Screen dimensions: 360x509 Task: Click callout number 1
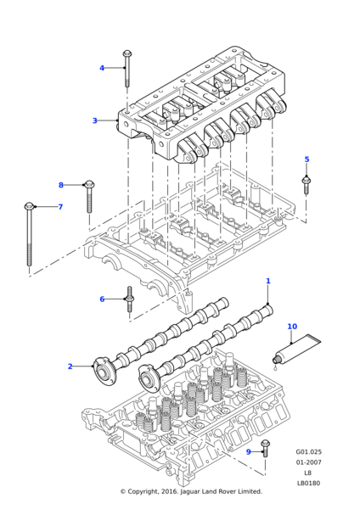[268, 281]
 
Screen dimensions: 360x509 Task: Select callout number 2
[70, 366]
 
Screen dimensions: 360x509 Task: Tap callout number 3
[94, 120]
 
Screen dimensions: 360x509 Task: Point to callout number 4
[102, 68]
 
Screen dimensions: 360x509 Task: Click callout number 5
[307, 159]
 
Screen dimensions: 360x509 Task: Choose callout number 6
[102, 299]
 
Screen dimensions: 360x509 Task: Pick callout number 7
[60, 207]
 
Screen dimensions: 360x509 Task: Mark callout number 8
[61, 185]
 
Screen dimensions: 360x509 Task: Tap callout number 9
[249, 451]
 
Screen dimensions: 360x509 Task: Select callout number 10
[292, 327]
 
